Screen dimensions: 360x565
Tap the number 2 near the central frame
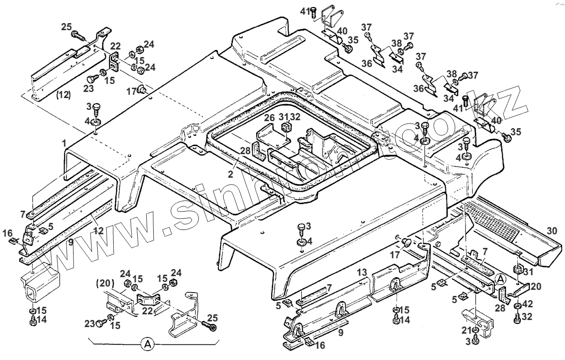230,174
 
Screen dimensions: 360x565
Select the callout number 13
361,272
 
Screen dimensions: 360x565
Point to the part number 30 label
553,231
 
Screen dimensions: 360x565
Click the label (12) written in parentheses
63,95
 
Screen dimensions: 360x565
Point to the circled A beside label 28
501,279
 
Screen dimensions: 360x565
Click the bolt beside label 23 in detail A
101,324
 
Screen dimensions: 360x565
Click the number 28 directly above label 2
244,150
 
